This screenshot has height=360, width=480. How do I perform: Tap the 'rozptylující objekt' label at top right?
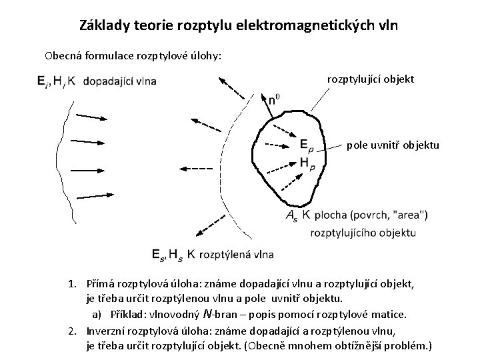tap(371, 79)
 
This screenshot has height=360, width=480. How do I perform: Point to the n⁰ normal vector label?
tap(274, 101)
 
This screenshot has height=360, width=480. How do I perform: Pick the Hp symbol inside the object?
tap(307, 162)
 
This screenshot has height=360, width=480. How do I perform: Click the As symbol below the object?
tap(292, 215)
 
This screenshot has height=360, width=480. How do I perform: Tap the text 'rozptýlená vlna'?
tap(236, 253)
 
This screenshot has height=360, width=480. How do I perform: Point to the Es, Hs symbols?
tap(167, 253)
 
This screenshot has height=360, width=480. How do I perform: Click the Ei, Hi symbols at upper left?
tap(49, 81)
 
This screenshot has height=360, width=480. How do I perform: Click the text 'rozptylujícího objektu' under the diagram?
tap(363, 233)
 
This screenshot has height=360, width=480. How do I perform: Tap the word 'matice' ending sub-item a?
tap(389, 313)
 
